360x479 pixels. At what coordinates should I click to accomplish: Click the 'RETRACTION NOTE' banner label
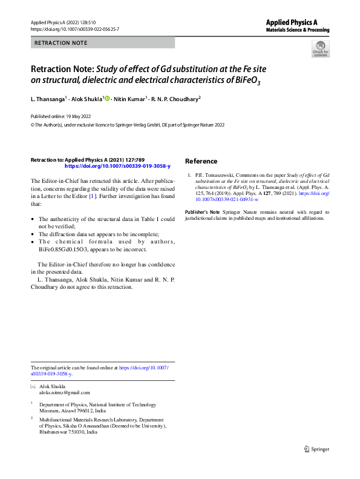pyautogui.click(x=61, y=42)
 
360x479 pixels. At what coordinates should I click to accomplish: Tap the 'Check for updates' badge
pyautogui.click(x=320, y=49)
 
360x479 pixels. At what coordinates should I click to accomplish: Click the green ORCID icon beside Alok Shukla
pyautogui.click(x=108, y=98)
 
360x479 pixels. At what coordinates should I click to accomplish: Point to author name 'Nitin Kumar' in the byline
pyautogui.click(x=129, y=98)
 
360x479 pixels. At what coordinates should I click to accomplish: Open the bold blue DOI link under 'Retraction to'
pyautogui.click(x=117, y=165)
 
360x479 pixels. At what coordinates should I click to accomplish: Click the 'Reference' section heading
pyautogui.click(x=201, y=161)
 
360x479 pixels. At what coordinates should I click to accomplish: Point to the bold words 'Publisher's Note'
pyautogui.click(x=201, y=212)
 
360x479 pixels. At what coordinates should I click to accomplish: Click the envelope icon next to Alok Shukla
pyautogui.click(x=33, y=386)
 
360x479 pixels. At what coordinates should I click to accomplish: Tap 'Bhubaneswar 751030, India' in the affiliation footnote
pyautogui.click(x=67, y=432)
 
